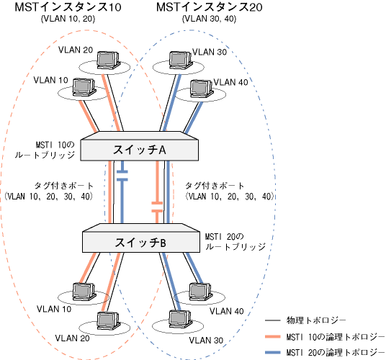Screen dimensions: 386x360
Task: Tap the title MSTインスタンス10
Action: (68, 7)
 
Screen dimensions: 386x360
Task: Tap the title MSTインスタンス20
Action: (210, 7)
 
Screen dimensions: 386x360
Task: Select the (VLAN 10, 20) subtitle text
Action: (68, 19)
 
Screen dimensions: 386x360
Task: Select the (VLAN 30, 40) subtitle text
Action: (210, 19)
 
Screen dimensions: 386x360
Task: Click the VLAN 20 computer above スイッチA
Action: (108, 60)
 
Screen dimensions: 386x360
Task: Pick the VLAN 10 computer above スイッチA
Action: (84, 88)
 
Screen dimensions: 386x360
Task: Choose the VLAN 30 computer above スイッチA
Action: (181, 60)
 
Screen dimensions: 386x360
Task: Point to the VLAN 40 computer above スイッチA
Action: (202, 89)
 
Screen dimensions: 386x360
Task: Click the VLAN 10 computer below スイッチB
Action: (84, 292)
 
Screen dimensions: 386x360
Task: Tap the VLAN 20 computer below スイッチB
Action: (108, 321)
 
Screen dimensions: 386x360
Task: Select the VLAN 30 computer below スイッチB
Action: (181, 320)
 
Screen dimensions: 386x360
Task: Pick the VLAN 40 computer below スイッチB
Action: (201, 292)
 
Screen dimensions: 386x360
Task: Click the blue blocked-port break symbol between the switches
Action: (122, 176)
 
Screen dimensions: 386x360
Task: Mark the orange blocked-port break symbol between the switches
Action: (157, 207)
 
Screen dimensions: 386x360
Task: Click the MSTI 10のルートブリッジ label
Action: (45, 150)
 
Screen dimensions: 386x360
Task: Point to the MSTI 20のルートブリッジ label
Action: (235, 242)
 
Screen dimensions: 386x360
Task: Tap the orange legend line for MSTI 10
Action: (273, 337)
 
